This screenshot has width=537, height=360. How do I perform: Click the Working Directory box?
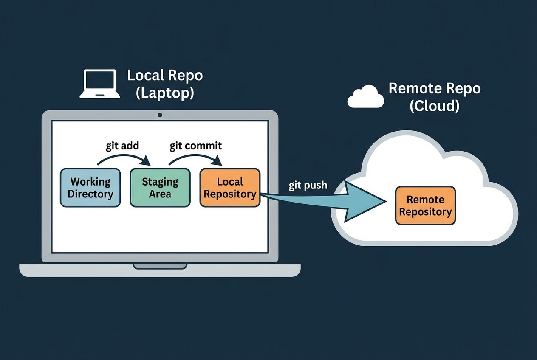click(90, 188)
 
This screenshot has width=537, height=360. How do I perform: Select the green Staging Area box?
click(160, 188)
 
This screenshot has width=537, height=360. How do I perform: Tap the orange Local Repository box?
click(230, 188)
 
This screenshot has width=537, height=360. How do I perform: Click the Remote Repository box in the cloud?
click(425, 205)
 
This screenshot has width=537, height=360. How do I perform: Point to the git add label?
click(122, 146)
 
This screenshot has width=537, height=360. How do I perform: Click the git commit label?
click(196, 146)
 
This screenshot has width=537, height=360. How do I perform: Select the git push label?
click(308, 186)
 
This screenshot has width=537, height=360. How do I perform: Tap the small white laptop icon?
click(100, 84)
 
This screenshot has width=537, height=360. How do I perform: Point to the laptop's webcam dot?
click(160, 115)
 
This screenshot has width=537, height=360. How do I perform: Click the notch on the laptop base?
click(160, 266)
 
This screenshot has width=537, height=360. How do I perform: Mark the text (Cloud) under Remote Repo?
click(434, 106)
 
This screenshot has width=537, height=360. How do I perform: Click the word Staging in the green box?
click(160, 182)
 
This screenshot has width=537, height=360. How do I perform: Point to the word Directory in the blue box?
click(90, 194)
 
